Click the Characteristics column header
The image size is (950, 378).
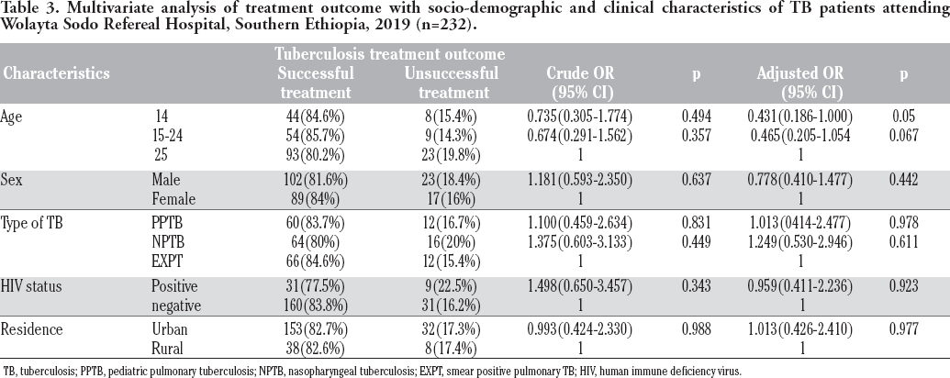(56, 73)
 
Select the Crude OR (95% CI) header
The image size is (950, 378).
(580, 83)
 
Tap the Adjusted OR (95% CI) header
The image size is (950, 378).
(800, 83)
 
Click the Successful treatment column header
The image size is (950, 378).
(316, 83)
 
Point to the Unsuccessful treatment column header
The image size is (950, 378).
(452, 83)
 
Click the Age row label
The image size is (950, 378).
(12, 117)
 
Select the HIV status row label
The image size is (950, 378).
(31, 286)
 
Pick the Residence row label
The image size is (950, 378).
(31, 329)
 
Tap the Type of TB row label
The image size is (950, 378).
(31, 223)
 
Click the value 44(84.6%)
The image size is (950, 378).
(316, 117)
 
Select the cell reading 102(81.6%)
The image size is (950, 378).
(316, 180)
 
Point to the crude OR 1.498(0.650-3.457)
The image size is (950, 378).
(580, 286)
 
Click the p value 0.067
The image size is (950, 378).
(903, 137)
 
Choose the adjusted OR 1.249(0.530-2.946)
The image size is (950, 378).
(800, 242)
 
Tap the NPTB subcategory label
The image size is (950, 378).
(168, 242)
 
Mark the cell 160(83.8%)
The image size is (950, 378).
(316, 306)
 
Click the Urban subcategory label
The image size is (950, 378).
(170, 329)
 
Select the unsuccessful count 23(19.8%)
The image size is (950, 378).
(452, 156)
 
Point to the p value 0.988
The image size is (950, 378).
(697, 329)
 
